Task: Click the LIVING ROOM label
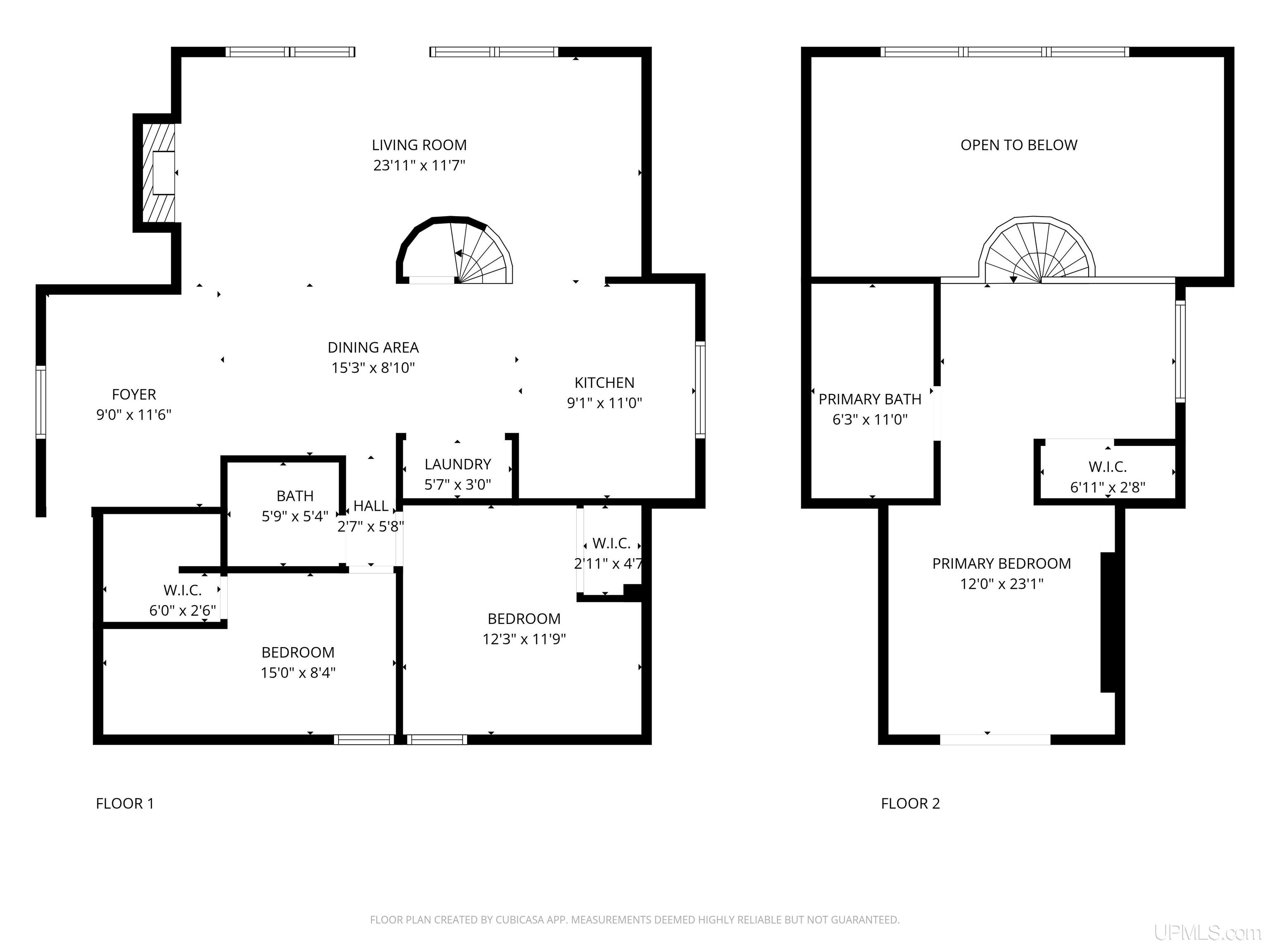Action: [x=419, y=145]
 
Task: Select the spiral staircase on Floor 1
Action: [x=454, y=251]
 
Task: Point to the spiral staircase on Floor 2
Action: [x=1037, y=251]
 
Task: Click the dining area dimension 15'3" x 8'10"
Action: [x=373, y=368]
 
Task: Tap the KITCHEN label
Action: [x=604, y=383]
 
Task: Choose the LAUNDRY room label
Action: [x=458, y=464]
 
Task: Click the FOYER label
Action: [x=134, y=395]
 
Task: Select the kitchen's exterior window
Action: [x=700, y=390]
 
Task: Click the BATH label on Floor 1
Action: [x=295, y=496]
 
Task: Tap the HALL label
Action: [x=371, y=506]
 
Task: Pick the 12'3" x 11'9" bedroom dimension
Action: [x=524, y=639]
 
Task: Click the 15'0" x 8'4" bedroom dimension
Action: [x=298, y=673]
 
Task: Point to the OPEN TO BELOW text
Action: [x=1019, y=145]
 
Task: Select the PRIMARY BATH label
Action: [x=870, y=400]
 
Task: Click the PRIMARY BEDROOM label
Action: [x=1002, y=564]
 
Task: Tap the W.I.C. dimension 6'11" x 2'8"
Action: [x=1108, y=488]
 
